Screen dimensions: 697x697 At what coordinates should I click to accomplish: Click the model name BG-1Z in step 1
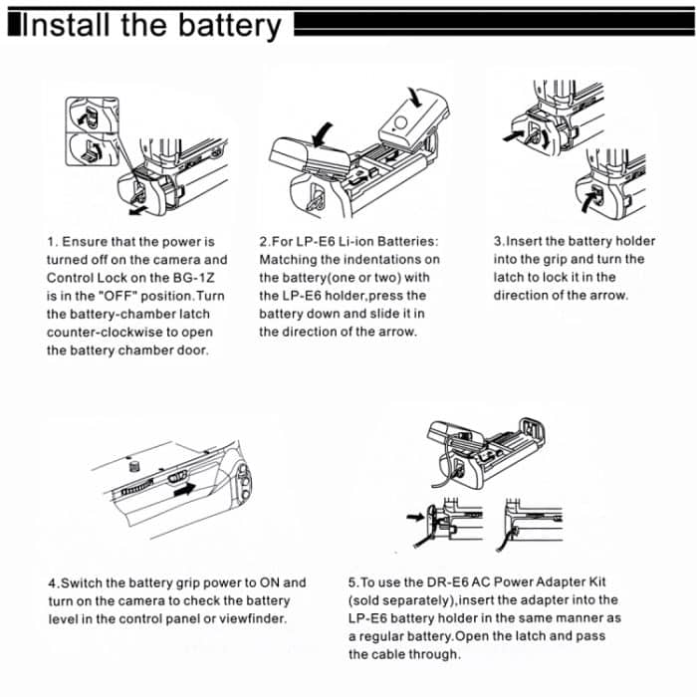point(205,278)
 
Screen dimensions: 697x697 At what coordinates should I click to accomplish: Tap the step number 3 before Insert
point(498,242)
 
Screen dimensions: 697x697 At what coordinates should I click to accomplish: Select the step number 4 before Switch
point(52,582)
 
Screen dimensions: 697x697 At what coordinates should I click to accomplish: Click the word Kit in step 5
point(607,582)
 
